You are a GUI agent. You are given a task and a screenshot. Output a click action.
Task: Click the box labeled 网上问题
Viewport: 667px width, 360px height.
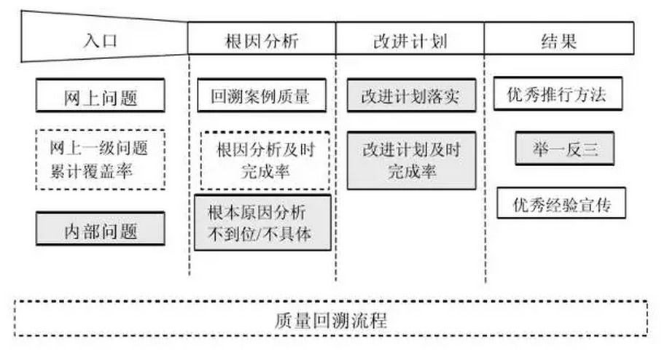[100, 97]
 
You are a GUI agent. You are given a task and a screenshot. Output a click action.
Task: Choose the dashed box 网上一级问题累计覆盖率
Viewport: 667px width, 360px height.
[100, 160]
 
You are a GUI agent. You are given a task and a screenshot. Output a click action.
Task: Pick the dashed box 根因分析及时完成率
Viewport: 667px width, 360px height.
[265, 160]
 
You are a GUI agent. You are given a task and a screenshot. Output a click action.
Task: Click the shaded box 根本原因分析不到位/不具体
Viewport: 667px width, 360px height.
[261, 222]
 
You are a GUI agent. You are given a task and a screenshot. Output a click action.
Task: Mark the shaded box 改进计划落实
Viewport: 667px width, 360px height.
[411, 95]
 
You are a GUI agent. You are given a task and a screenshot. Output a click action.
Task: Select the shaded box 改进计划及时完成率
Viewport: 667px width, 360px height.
[411, 160]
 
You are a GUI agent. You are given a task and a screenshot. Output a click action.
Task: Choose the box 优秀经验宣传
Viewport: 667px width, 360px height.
[561, 203]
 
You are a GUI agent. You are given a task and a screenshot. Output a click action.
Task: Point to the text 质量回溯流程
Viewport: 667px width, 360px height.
[332, 318]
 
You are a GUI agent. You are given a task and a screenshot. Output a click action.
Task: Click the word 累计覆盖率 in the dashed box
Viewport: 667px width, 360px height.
[99, 171]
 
